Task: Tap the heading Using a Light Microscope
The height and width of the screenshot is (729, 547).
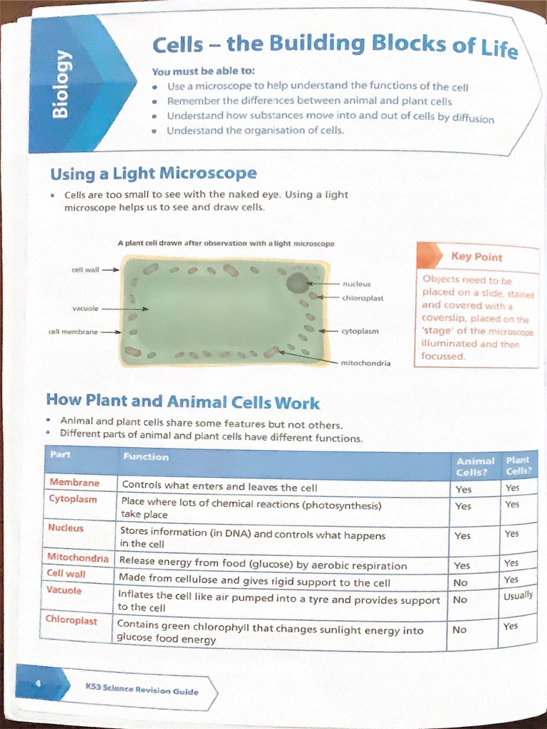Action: pyautogui.click(x=153, y=174)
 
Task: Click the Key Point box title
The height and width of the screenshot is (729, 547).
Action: pyautogui.click(x=476, y=257)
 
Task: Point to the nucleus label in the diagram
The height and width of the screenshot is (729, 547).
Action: pyautogui.click(x=356, y=284)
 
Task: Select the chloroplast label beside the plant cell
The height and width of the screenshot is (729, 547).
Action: pyautogui.click(x=363, y=298)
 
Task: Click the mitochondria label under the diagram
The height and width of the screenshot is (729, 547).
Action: pyautogui.click(x=365, y=363)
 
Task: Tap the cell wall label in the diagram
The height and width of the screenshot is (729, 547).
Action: pyautogui.click(x=85, y=270)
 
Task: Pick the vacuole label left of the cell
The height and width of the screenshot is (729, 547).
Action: pyautogui.click(x=85, y=308)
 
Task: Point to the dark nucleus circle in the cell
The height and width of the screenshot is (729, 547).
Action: pyautogui.click(x=297, y=283)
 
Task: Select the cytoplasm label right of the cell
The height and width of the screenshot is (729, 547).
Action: pyautogui.click(x=360, y=331)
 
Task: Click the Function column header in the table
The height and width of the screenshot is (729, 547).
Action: pyautogui.click(x=145, y=457)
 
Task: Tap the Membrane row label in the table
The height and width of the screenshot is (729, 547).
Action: pyautogui.click(x=74, y=483)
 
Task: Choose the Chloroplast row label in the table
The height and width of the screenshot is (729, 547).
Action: pyautogui.click(x=71, y=621)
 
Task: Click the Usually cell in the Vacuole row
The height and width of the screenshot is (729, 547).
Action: pyautogui.click(x=518, y=595)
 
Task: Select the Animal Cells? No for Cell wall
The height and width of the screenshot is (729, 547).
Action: pyautogui.click(x=461, y=582)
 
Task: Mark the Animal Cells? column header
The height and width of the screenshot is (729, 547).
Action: pyautogui.click(x=475, y=467)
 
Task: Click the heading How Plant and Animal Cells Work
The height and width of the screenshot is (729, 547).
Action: pyautogui.click(x=182, y=402)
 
